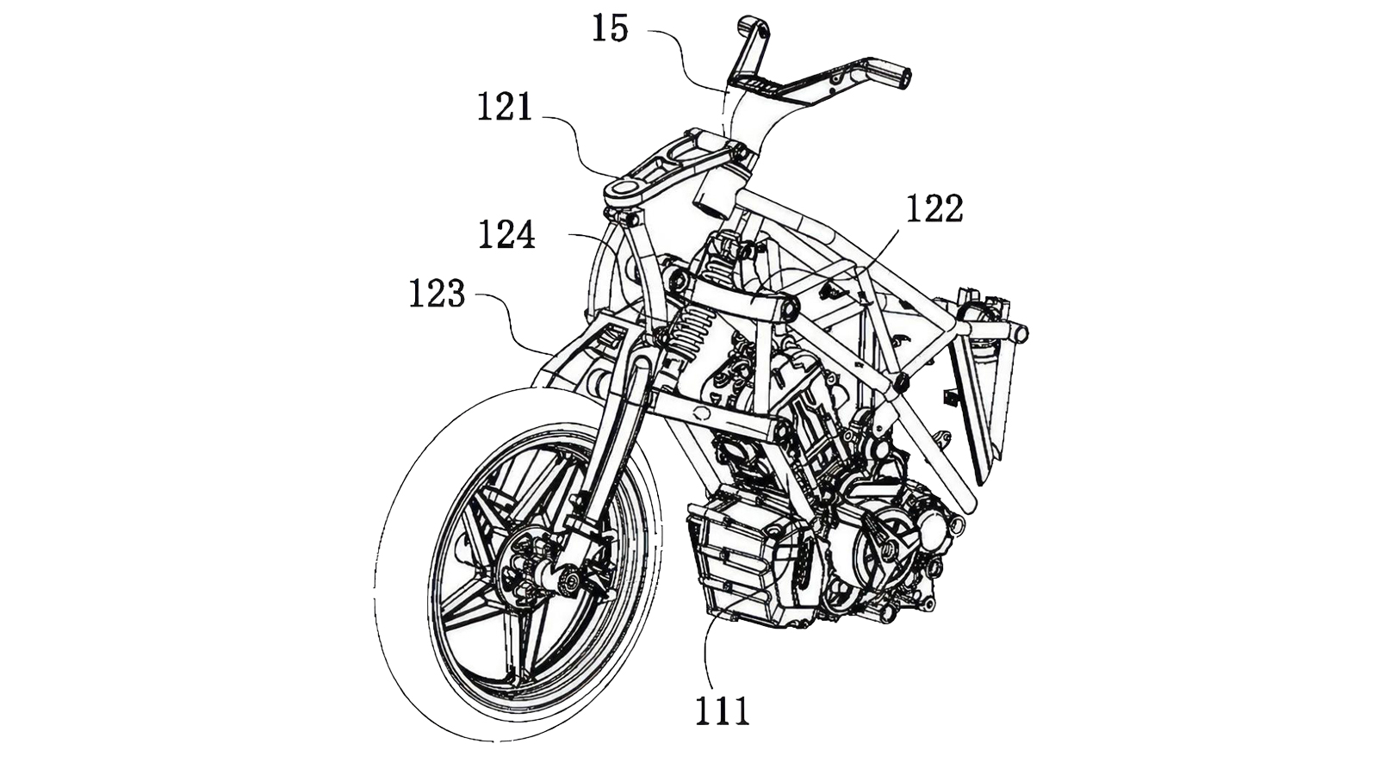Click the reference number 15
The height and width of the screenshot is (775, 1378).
[609, 28]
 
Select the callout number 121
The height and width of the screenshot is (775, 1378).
[506, 108]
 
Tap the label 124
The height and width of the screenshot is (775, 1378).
[506, 234]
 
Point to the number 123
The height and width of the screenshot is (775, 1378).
[437, 294]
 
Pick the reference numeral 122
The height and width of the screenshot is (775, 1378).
[934, 208]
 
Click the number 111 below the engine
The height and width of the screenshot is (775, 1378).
[723, 711]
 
